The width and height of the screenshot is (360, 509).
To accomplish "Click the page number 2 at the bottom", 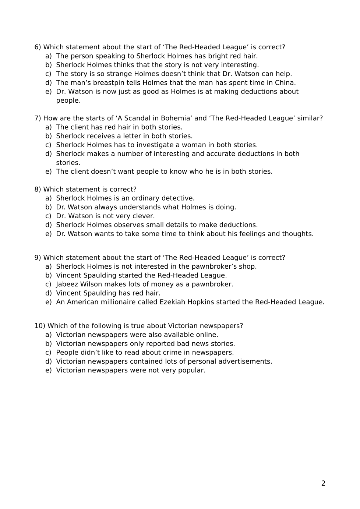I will click(x=323, y=484).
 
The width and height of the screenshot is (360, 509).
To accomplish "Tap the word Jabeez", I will click(x=67, y=284).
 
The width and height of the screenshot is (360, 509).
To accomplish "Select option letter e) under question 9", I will click(x=48, y=302).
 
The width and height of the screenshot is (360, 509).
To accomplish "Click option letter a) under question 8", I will click(x=48, y=198).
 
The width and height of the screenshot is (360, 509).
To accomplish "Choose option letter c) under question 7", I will click(x=48, y=145).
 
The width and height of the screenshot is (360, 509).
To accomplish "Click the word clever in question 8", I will click(x=144, y=216).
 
